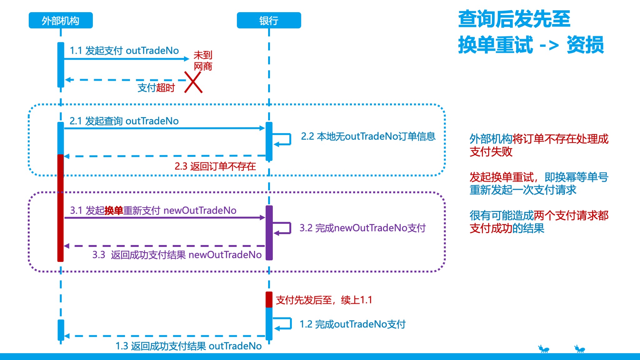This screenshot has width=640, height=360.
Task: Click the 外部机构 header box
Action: click(x=61, y=21)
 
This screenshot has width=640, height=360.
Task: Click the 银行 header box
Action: click(x=269, y=21)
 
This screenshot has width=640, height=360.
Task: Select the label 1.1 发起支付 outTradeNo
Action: click(x=124, y=51)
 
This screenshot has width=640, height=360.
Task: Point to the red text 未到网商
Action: click(x=203, y=61)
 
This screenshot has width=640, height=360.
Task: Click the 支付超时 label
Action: click(x=156, y=88)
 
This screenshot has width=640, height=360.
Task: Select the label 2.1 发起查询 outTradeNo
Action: click(x=124, y=121)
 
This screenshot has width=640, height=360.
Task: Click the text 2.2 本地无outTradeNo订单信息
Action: click(x=368, y=137)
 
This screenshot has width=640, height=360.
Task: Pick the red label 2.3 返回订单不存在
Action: click(x=215, y=166)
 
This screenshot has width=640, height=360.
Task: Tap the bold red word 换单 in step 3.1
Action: click(x=113, y=211)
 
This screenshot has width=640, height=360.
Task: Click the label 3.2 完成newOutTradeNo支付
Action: click(x=362, y=228)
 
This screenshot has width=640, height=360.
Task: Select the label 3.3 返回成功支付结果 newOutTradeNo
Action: click(x=177, y=255)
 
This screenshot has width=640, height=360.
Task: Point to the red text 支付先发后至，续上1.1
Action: click(x=324, y=300)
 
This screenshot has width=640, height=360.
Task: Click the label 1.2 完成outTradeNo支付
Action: click(x=352, y=324)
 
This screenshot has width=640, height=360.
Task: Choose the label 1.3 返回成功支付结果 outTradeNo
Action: click(x=188, y=346)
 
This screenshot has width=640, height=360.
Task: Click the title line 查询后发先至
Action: click(x=514, y=19)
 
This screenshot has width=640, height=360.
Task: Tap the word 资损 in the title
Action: click(x=585, y=45)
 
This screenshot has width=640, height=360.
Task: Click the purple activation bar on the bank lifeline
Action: click(x=269, y=233)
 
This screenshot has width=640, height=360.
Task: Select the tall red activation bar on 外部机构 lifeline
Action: click(x=60, y=208)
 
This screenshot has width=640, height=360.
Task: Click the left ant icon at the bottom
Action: click(x=543, y=349)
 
